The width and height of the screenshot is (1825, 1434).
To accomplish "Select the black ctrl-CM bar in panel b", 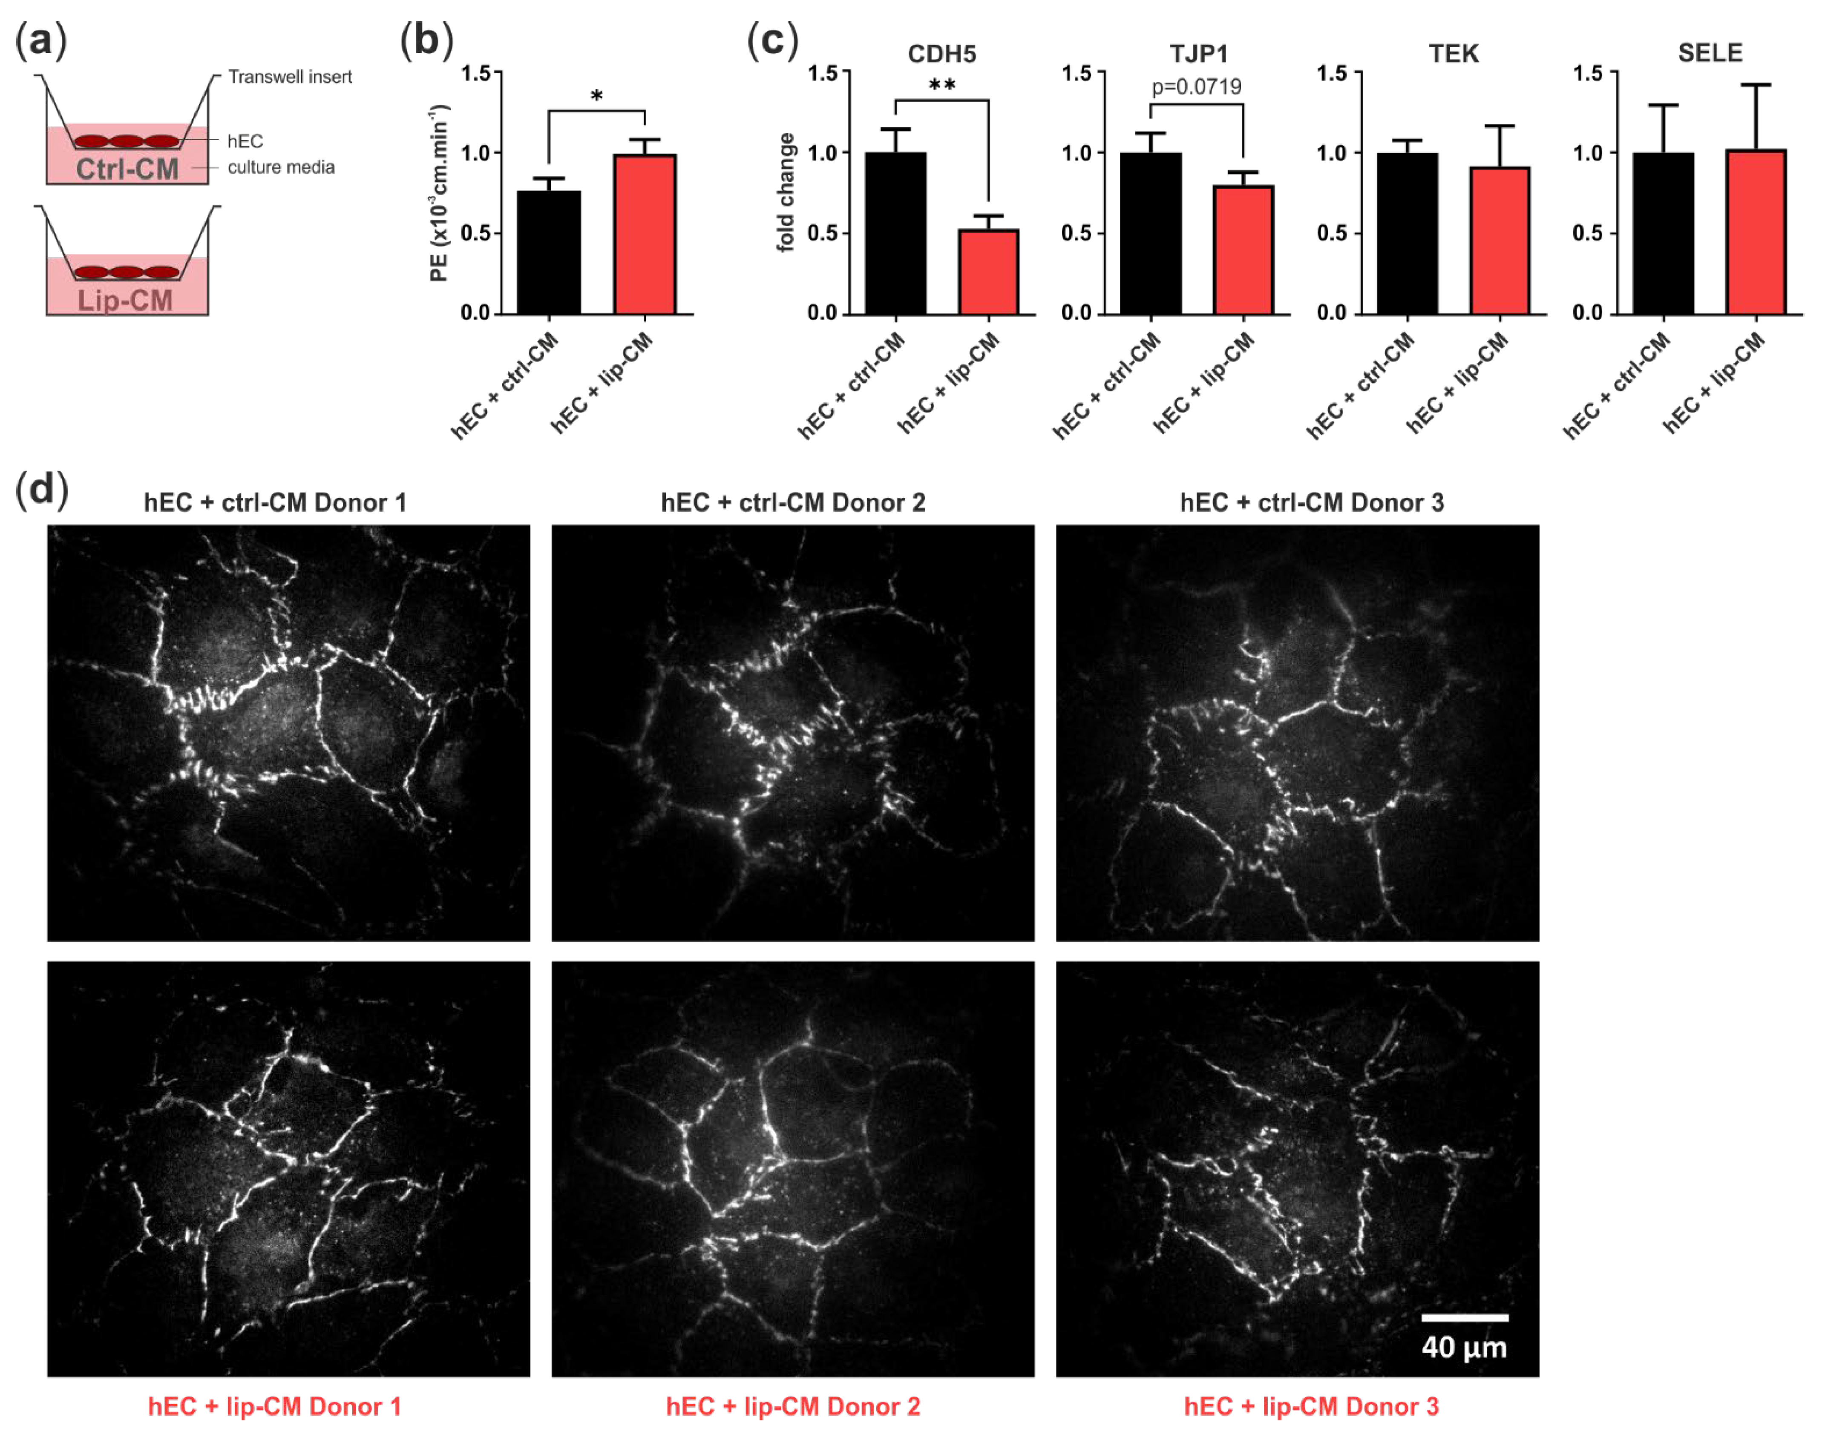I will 548,252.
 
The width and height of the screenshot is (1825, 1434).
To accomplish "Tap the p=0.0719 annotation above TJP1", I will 1196,86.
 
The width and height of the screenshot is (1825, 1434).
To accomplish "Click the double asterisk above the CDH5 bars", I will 941,85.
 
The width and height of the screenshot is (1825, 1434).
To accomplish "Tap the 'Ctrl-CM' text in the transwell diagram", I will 128,169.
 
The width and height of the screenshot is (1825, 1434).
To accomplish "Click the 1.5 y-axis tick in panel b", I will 476,73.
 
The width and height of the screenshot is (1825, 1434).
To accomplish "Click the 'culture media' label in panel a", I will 280,167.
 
